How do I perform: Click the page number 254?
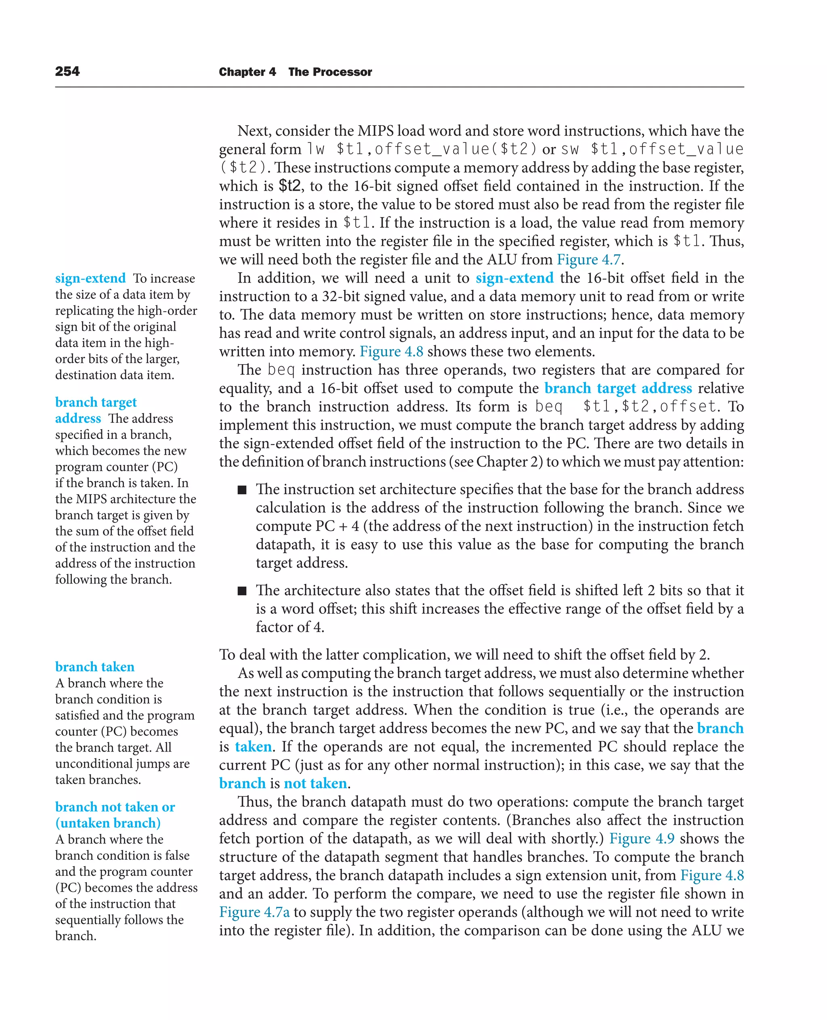(67, 71)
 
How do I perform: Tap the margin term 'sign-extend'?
(90, 278)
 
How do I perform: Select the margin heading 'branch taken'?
(95, 667)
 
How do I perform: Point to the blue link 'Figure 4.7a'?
(254, 912)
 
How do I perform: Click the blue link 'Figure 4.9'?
(641, 838)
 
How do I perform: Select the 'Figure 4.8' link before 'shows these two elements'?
(391, 352)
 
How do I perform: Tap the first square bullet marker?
(242, 490)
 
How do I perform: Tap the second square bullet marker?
(242, 591)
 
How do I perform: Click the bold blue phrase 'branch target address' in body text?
(618, 388)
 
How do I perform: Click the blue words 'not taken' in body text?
(315, 783)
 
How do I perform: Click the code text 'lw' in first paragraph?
(316, 149)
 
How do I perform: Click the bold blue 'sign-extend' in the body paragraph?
(514, 278)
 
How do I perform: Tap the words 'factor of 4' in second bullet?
(289, 627)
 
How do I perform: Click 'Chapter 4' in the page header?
(247, 72)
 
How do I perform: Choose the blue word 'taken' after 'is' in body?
(254, 747)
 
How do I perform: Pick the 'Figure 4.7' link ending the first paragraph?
(589, 260)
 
